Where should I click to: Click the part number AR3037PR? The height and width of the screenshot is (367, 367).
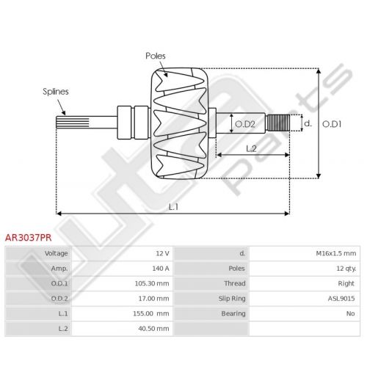pos(29,238)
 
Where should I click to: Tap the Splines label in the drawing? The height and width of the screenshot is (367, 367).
pos(56,92)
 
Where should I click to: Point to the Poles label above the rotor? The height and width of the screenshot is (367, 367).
pos(156,56)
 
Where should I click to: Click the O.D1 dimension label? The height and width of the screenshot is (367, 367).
pos(332,124)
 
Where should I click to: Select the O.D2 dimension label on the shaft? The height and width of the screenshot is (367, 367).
pos(245,124)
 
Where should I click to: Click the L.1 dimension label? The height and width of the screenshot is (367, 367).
pos(173,207)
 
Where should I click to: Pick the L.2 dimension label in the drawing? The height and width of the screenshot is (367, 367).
pos(251,148)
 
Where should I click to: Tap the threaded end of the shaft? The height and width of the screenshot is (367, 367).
pos(278,123)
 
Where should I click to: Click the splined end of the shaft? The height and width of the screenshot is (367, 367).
pos(73,123)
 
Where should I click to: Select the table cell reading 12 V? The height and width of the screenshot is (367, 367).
pos(162,253)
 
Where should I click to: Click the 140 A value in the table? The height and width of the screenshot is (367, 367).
pos(161,269)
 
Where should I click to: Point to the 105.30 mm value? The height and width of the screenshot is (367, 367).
pos(152,283)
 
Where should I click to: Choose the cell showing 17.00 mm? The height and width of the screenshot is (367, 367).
pos(153,299)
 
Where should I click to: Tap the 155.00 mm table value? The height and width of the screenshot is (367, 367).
pos(151,313)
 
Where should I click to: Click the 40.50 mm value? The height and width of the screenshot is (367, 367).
pos(153,329)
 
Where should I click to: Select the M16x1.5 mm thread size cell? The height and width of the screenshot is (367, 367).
pos(336,253)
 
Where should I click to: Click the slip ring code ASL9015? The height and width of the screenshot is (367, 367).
pos(341,299)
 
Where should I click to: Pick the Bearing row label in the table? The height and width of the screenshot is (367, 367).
pos(233,313)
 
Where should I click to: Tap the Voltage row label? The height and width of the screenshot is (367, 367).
pos(56,253)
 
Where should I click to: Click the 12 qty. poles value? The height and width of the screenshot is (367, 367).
pos(346,269)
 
